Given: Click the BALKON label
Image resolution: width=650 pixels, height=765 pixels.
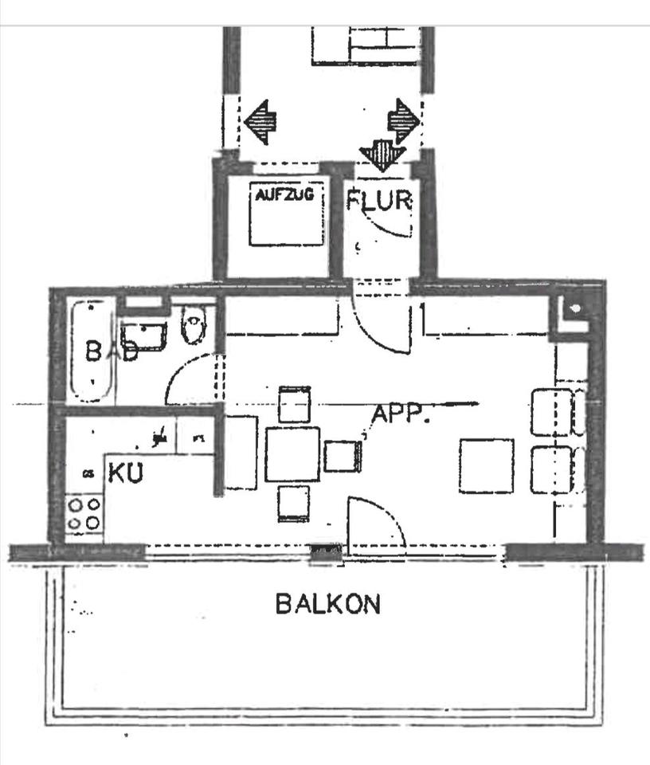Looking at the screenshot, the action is tap(327, 604).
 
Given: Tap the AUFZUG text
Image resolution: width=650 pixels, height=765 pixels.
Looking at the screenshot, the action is tap(284, 195).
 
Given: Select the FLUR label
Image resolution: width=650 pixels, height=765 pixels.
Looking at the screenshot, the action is tap(379, 200).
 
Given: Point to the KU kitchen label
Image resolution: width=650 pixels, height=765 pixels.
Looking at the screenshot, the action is tap(126, 473).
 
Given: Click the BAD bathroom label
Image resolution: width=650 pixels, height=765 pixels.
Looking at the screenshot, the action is tap(112, 351).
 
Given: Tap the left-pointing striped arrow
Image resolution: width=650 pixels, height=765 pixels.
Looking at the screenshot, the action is tap(260, 122).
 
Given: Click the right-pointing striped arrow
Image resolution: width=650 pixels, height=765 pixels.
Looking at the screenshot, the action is tap(404, 121).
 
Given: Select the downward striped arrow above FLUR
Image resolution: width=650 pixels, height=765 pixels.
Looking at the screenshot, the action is tap(383, 155).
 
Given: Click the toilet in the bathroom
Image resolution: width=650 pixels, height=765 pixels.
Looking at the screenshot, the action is tap(194, 324).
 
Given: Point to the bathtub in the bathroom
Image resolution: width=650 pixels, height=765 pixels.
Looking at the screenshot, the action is tap(92, 351).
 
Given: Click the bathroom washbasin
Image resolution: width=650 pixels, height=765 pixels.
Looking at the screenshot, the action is tap(144, 336).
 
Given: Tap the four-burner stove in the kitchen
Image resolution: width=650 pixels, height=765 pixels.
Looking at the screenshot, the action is tap(84, 515).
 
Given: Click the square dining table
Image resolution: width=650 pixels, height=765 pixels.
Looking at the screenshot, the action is tap(292, 454).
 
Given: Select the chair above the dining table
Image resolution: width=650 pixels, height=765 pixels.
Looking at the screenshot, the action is tap(295, 405).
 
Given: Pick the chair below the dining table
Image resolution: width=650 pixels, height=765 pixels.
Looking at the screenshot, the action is tap(294, 504).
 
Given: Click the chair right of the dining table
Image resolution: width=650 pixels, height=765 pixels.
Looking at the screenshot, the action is tap(343, 456).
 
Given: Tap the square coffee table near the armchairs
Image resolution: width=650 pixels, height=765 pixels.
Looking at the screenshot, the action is tap(487, 466).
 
